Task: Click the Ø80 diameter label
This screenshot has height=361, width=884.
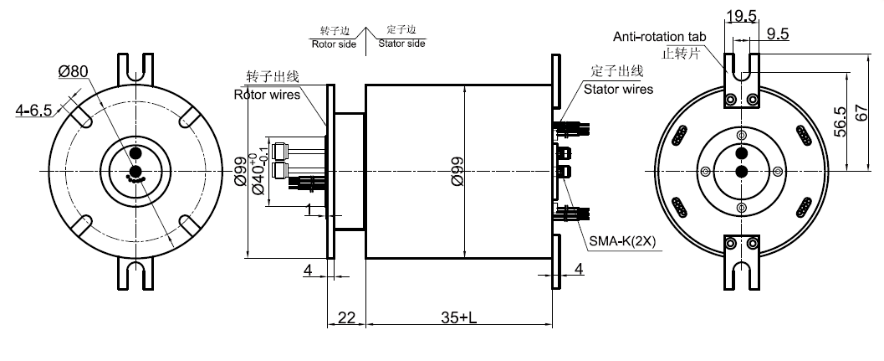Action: (x=74, y=72)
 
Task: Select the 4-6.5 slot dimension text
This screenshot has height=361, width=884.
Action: (x=34, y=109)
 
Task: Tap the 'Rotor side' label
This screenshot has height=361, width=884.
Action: (x=333, y=43)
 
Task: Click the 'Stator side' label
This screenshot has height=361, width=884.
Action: (x=401, y=43)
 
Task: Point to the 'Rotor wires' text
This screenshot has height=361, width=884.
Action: (x=266, y=94)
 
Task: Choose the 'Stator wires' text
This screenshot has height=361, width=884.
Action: (x=618, y=89)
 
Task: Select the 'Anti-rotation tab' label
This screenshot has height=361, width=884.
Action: (x=660, y=37)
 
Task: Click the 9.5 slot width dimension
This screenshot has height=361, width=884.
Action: (x=777, y=34)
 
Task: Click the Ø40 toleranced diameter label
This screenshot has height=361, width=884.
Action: (x=261, y=173)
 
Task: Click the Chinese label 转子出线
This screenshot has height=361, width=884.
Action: (x=272, y=77)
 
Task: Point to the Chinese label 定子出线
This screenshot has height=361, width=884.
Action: (x=618, y=70)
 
